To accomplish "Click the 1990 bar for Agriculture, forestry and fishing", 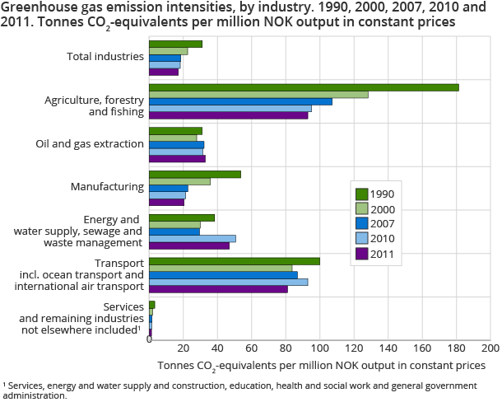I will click(304, 87).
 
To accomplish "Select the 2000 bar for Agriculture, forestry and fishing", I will click(258, 95).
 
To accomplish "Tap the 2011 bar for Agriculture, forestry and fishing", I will click(228, 115).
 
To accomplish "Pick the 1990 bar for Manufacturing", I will click(195, 174).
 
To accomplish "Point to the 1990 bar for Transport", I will click(235, 261).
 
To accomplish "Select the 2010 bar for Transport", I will click(229, 282).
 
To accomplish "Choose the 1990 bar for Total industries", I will click(175, 44).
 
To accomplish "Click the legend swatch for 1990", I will click(360, 194).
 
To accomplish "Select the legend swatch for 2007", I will click(360, 224).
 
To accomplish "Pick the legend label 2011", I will click(382, 254).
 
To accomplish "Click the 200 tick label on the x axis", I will click(490, 348).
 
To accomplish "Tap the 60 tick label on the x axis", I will click(251, 348).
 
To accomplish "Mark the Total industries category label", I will click(103, 57).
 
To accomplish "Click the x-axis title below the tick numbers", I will click(316, 364).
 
